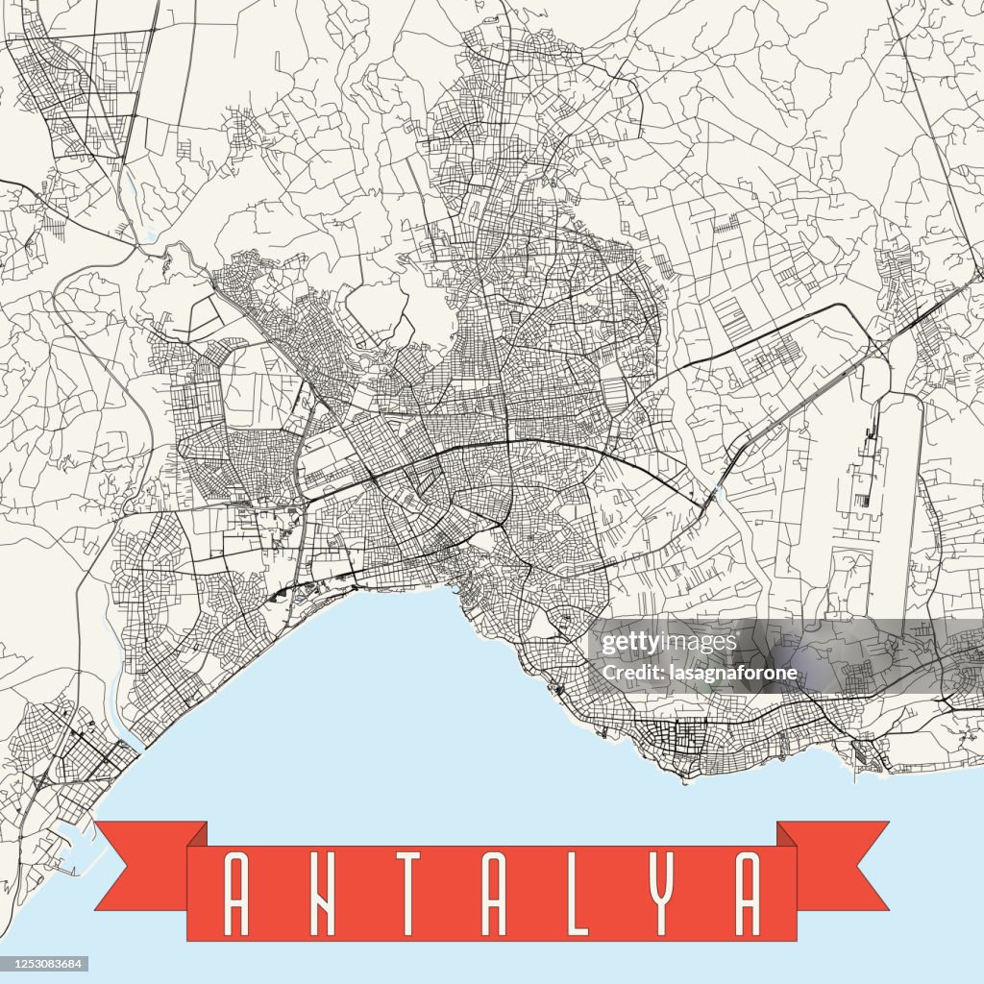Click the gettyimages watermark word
[664, 644]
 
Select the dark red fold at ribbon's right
[787, 834]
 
